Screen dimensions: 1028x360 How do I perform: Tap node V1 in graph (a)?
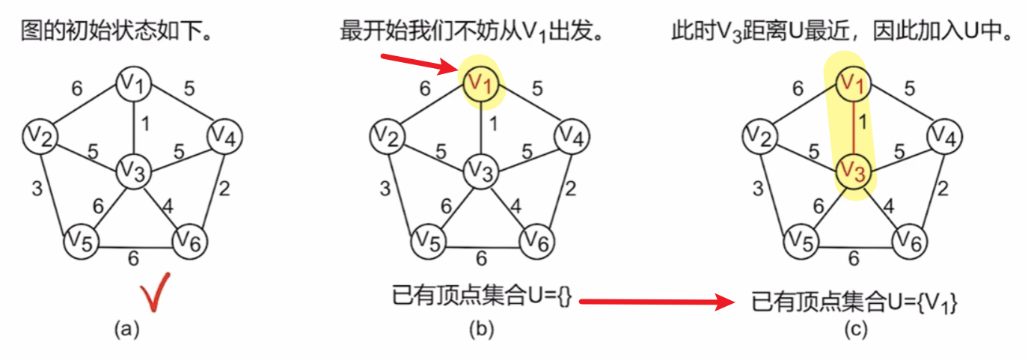click(133, 84)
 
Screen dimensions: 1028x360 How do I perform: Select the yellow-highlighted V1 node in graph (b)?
click(481, 84)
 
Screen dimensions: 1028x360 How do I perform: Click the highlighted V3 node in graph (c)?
click(853, 171)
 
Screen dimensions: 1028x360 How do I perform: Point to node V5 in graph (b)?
click(429, 242)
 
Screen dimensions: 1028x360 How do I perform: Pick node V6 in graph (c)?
click(910, 242)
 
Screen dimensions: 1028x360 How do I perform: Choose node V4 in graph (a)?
click(225, 136)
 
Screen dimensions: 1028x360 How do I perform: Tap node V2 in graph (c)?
click(760, 136)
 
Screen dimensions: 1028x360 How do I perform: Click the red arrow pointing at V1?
click(419, 64)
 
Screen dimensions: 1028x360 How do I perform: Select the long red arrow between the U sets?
click(657, 302)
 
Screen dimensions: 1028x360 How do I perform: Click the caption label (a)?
click(126, 330)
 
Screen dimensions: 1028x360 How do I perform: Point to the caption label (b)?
click(481, 330)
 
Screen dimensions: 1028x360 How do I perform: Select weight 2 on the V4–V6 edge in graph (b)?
click(570, 189)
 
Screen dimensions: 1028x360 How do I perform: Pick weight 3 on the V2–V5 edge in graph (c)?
click(758, 189)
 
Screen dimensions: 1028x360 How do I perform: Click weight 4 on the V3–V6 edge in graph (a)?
click(168, 206)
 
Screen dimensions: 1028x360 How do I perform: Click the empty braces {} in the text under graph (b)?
click(564, 296)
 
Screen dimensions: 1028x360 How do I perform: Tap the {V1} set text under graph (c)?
click(937, 303)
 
